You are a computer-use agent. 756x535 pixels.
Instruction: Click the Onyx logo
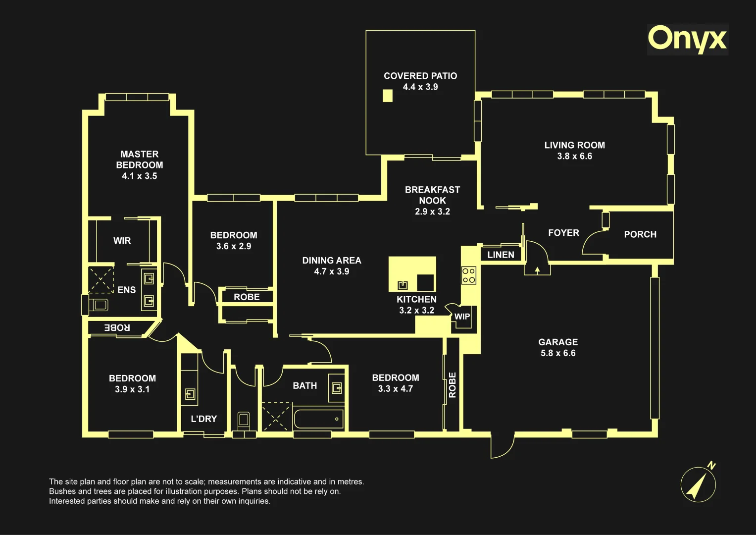click(687, 40)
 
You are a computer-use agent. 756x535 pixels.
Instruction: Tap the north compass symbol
click(699, 483)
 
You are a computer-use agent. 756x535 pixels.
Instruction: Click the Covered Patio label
click(420, 76)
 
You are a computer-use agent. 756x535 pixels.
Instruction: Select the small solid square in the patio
click(388, 96)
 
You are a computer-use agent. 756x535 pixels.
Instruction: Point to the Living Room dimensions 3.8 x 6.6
click(574, 156)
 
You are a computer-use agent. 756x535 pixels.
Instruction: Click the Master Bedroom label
click(140, 160)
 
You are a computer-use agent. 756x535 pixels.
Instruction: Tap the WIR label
click(122, 240)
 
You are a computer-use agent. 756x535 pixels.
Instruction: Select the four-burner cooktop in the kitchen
click(469, 275)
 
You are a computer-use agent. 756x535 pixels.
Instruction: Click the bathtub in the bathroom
click(319, 419)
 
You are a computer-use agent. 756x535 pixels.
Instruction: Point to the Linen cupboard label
click(501, 255)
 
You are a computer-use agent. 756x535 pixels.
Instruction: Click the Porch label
click(640, 234)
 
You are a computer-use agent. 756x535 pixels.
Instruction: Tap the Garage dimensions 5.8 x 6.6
click(558, 353)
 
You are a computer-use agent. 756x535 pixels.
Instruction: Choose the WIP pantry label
click(462, 317)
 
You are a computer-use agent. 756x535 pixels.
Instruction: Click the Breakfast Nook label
click(432, 195)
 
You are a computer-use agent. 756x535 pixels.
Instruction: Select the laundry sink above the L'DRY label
click(190, 394)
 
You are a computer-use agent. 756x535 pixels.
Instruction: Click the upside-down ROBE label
click(117, 327)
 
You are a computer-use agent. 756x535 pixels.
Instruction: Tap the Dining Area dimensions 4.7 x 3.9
click(331, 271)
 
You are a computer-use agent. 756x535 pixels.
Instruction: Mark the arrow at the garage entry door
click(537, 269)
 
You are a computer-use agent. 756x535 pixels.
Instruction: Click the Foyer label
click(563, 233)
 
